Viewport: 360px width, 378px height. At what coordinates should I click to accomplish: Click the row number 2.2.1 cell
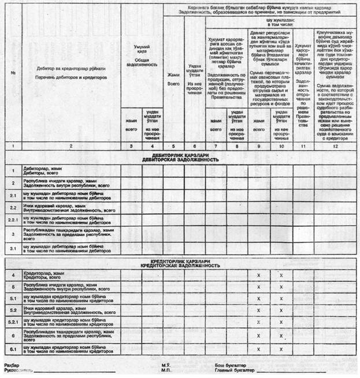[13, 220]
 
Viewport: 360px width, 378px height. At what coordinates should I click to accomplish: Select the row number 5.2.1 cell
[13, 322]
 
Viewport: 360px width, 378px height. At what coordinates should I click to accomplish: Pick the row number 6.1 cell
[13, 349]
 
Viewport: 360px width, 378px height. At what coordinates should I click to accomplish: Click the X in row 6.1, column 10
[281, 349]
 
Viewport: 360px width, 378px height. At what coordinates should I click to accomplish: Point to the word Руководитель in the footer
[18, 371]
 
